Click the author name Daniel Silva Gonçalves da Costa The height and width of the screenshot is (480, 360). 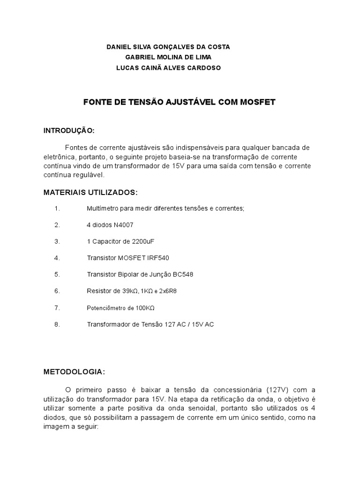click(168, 47)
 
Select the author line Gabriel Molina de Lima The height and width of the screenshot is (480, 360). click(168, 57)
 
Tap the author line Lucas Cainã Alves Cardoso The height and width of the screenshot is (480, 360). click(168, 67)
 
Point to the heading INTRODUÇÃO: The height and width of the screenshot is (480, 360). click(69, 130)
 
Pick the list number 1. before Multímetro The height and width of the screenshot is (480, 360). click(57, 208)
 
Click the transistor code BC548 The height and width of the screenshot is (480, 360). click(183, 274)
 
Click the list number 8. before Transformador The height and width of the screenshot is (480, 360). click(57, 324)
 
